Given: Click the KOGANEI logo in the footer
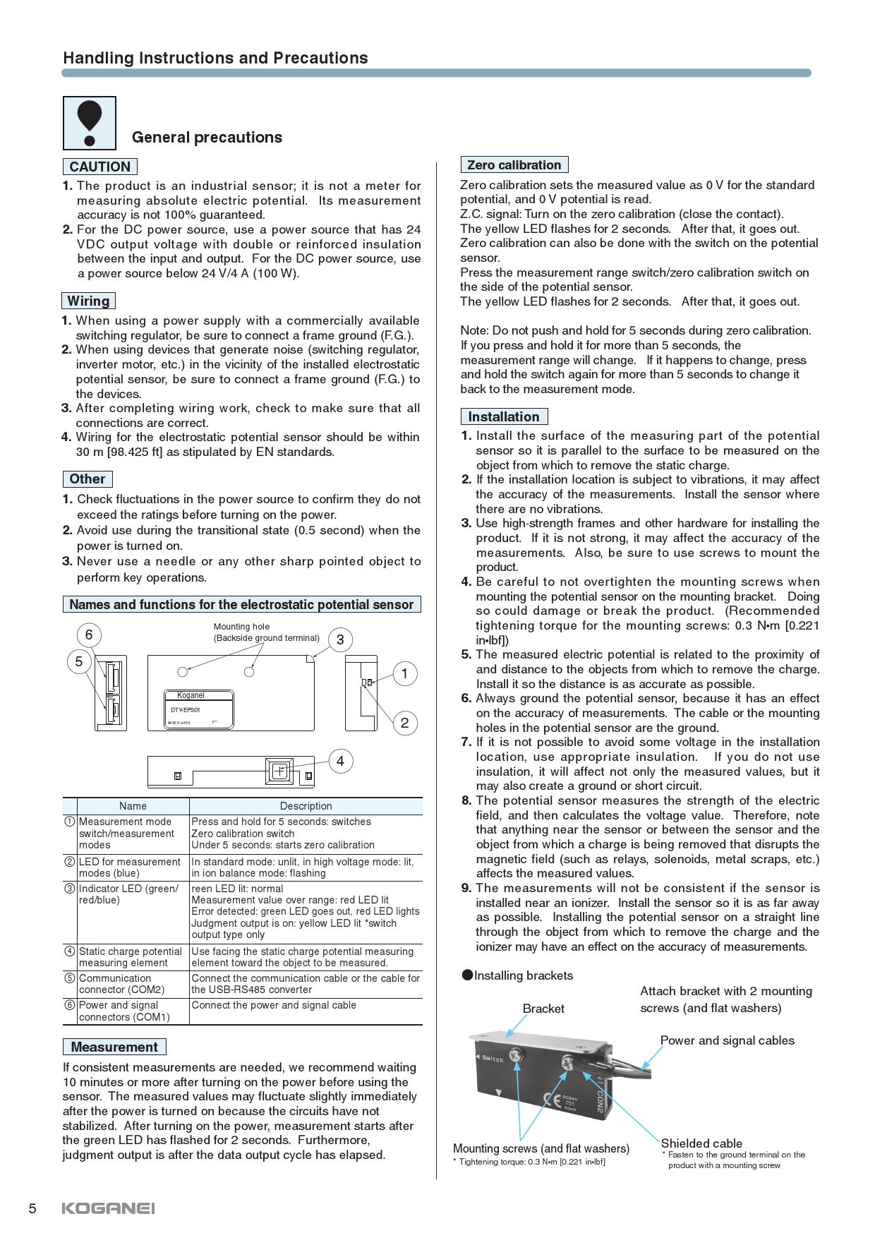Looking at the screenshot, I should [108, 1208].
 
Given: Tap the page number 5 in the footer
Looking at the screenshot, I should [32, 1208].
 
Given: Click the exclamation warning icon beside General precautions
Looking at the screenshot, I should [90, 124].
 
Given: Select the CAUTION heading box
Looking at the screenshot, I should [99, 167].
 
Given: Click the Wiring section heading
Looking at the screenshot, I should [88, 301].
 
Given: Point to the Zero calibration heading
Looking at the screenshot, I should [514, 165].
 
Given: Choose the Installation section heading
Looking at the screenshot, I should [503, 416].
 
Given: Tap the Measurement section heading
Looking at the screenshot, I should [114, 1047].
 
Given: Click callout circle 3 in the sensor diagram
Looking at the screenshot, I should [340, 640].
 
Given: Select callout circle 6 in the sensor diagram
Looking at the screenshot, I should [89, 635].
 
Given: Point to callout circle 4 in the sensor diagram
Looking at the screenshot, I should [340, 761].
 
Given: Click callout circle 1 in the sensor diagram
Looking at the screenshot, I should [404, 674].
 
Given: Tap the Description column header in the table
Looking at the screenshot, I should [306, 806].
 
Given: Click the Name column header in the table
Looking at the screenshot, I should [133, 806].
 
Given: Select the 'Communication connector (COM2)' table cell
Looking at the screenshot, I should [121, 984].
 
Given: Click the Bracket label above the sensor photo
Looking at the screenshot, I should [543, 1009].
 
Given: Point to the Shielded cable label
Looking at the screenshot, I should [701, 1143].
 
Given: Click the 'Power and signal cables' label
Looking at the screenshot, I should [727, 1040].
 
